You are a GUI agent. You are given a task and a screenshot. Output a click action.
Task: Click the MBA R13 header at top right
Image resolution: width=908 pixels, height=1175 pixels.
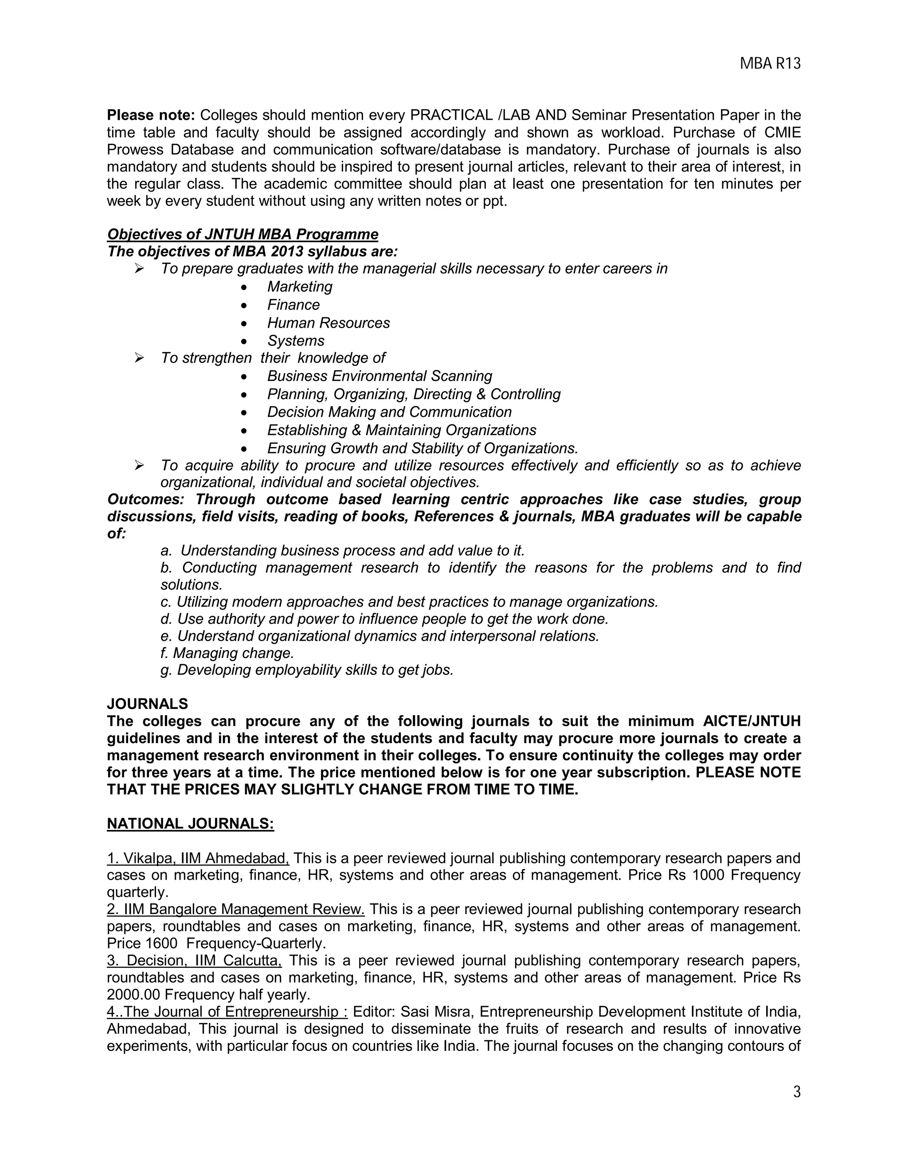pyautogui.click(x=770, y=64)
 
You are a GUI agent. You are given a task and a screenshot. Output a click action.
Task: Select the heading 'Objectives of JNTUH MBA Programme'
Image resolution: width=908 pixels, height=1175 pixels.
pyautogui.click(x=243, y=235)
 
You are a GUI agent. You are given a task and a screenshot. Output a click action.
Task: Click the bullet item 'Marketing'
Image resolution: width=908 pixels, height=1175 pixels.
pyautogui.click(x=300, y=287)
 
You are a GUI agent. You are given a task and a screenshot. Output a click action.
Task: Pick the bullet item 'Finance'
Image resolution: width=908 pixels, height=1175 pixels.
pyautogui.click(x=293, y=305)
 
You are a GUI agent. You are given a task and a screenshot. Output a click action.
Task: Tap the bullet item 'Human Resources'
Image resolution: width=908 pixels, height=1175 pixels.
pyautogui.click(x=328, y=323)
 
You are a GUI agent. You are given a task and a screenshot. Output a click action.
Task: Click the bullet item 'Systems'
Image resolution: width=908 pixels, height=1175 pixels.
pyautogui.click(x=296, y=341)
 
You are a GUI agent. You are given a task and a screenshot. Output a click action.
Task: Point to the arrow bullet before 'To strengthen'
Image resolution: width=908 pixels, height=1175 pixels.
pyautogui.click(x=139, y=358)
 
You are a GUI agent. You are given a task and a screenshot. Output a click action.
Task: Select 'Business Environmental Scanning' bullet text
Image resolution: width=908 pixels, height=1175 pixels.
pyautogui.click(x=379, y=376)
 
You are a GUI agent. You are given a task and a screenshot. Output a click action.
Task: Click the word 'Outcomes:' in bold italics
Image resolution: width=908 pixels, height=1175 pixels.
pyautogui.click(x=145, y=499)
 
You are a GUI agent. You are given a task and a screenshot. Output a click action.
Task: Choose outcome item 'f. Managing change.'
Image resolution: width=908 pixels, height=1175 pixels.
pyautogui.click(x=227, y=653)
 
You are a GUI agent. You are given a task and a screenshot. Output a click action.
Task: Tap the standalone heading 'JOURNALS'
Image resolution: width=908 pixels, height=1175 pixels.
pyautogui.click(x=147, y=704)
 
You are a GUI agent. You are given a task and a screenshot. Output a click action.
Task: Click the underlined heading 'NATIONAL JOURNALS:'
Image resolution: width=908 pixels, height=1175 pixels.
pyautogui.click(x=190, y=824)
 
